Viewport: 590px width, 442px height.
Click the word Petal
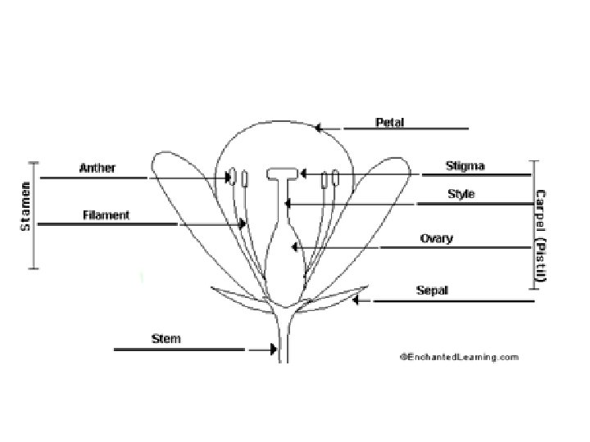coord(389,123)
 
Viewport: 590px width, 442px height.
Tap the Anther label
coord(97,169)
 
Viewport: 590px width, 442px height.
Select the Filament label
coord(106,216)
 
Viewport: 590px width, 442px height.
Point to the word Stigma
coord(465,166)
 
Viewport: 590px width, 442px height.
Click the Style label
coord(461,195)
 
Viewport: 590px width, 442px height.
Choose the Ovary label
coord(436,239)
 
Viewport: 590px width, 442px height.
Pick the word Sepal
coord(432,290)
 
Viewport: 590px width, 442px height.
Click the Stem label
coord(166,338)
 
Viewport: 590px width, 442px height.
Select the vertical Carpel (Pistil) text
coord(540,237)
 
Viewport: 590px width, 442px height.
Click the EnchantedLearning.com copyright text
coord(459,357)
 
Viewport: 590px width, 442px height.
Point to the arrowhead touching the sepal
coord(356,300)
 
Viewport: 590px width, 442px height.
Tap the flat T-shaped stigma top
coord(284,172)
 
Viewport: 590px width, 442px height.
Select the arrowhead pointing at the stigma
coord(303,174)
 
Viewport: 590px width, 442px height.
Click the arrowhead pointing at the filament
coord(243,223)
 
